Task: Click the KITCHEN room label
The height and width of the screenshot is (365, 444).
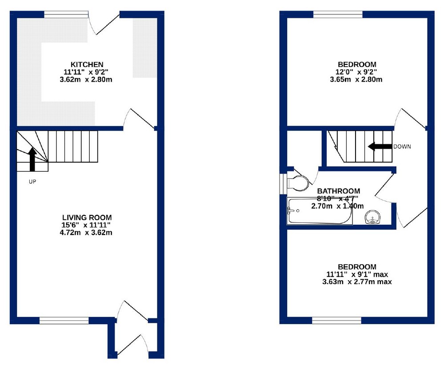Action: [x=87, y=64]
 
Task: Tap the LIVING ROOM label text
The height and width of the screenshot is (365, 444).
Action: [x=87, y=217]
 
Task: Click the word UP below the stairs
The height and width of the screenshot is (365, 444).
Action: [x=32, y=182]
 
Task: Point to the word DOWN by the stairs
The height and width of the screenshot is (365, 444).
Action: [x=402, y=147]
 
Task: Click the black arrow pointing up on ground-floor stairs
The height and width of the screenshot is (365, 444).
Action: [x=32, y=159]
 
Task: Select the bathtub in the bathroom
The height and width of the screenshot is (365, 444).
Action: [x=320, y=211]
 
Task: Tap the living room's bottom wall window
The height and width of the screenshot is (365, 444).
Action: [x=64, y=320]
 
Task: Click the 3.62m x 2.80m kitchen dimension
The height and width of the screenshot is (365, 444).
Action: [x=87, y=80]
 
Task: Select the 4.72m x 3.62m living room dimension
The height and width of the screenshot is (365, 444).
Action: [x=87, y=232]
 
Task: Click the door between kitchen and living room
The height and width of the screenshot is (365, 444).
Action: [x=139, y=119]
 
